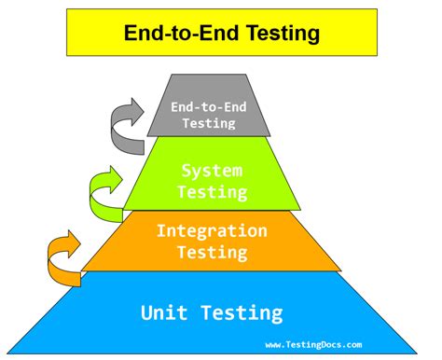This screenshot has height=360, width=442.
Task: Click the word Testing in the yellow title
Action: click(x=283, y=34)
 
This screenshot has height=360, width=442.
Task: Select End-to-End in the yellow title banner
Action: click(x=182, y=33)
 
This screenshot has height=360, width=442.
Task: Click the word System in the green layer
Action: click(x=212, y=171)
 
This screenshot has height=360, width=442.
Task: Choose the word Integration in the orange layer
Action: click(x=212, y=231)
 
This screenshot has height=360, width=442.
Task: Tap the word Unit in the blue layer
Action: click(x=164, y=312)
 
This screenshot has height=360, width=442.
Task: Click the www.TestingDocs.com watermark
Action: click(x=313, y=345)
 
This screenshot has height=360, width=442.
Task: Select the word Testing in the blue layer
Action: click(x=242, y=313)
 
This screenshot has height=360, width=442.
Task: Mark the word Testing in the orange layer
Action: click(x=213, y=253)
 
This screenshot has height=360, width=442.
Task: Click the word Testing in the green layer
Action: click(x=213, y=192)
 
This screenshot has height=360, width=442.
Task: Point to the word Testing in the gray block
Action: click(x=209, y=123)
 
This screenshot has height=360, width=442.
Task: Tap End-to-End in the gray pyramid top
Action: click(x=209, y=107)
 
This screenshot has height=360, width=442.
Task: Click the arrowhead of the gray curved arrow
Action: click(x=137, y=112)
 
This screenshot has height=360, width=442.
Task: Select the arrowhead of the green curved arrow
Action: click(x=116, y=180)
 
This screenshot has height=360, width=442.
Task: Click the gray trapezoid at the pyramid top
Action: click(x=209, y=105)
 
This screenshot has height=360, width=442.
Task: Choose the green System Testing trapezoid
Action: click(x=213, y=173)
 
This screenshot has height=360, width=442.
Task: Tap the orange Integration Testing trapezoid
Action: click(x=212, y=241)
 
